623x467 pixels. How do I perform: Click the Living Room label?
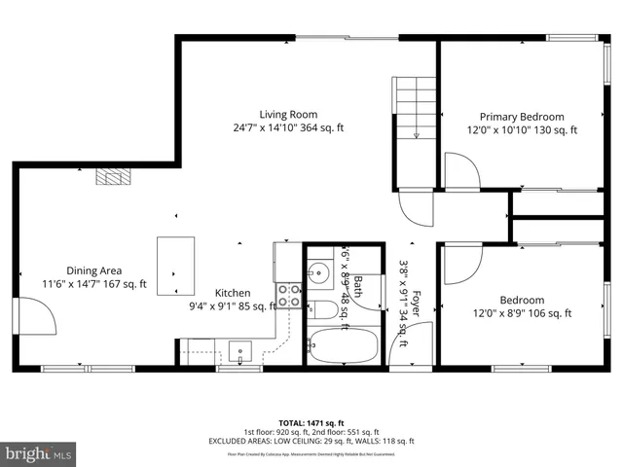click(288, 115)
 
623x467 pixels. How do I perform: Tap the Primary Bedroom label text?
click(521, 117)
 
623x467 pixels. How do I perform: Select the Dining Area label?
click(93, 270)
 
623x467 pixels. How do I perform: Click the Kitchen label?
click(233, 293)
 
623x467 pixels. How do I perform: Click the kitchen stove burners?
click(289, 296)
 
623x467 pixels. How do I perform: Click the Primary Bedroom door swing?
click(460, 172)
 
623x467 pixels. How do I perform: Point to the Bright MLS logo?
click(39, 453)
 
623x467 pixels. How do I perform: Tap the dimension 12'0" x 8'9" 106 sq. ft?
click(522, 313)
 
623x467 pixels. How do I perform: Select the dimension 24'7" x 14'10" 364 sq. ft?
click(288, 128)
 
